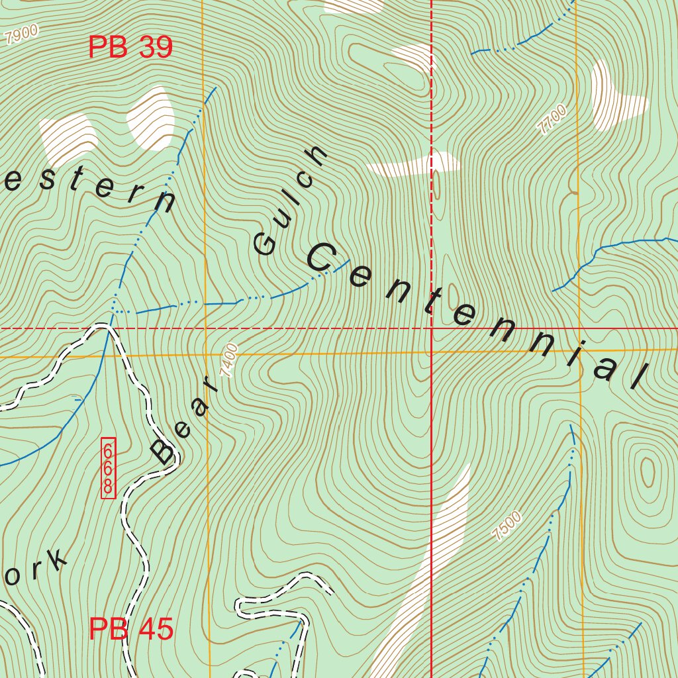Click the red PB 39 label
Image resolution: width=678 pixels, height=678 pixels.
[x=130, y=48]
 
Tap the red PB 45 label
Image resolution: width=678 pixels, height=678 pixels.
[x=130, y=629]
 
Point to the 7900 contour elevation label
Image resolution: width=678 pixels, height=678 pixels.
[x=21, y=35]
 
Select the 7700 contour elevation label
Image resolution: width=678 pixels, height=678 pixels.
[x=553, y=120]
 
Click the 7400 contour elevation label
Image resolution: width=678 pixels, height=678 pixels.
[x=229, y=360]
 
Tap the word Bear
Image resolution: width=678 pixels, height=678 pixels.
[x=183, y=420]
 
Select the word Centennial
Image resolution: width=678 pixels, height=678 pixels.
[x=474, y=315]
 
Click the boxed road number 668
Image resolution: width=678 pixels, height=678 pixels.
[x=108, y=467]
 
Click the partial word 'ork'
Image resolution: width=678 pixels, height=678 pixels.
[x=36, y=569]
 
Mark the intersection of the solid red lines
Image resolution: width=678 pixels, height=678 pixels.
[x=432, y=328]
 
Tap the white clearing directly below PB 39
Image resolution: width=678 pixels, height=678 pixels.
[x=150, y=117]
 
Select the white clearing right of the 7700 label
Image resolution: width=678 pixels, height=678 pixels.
[x=612, y=96]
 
